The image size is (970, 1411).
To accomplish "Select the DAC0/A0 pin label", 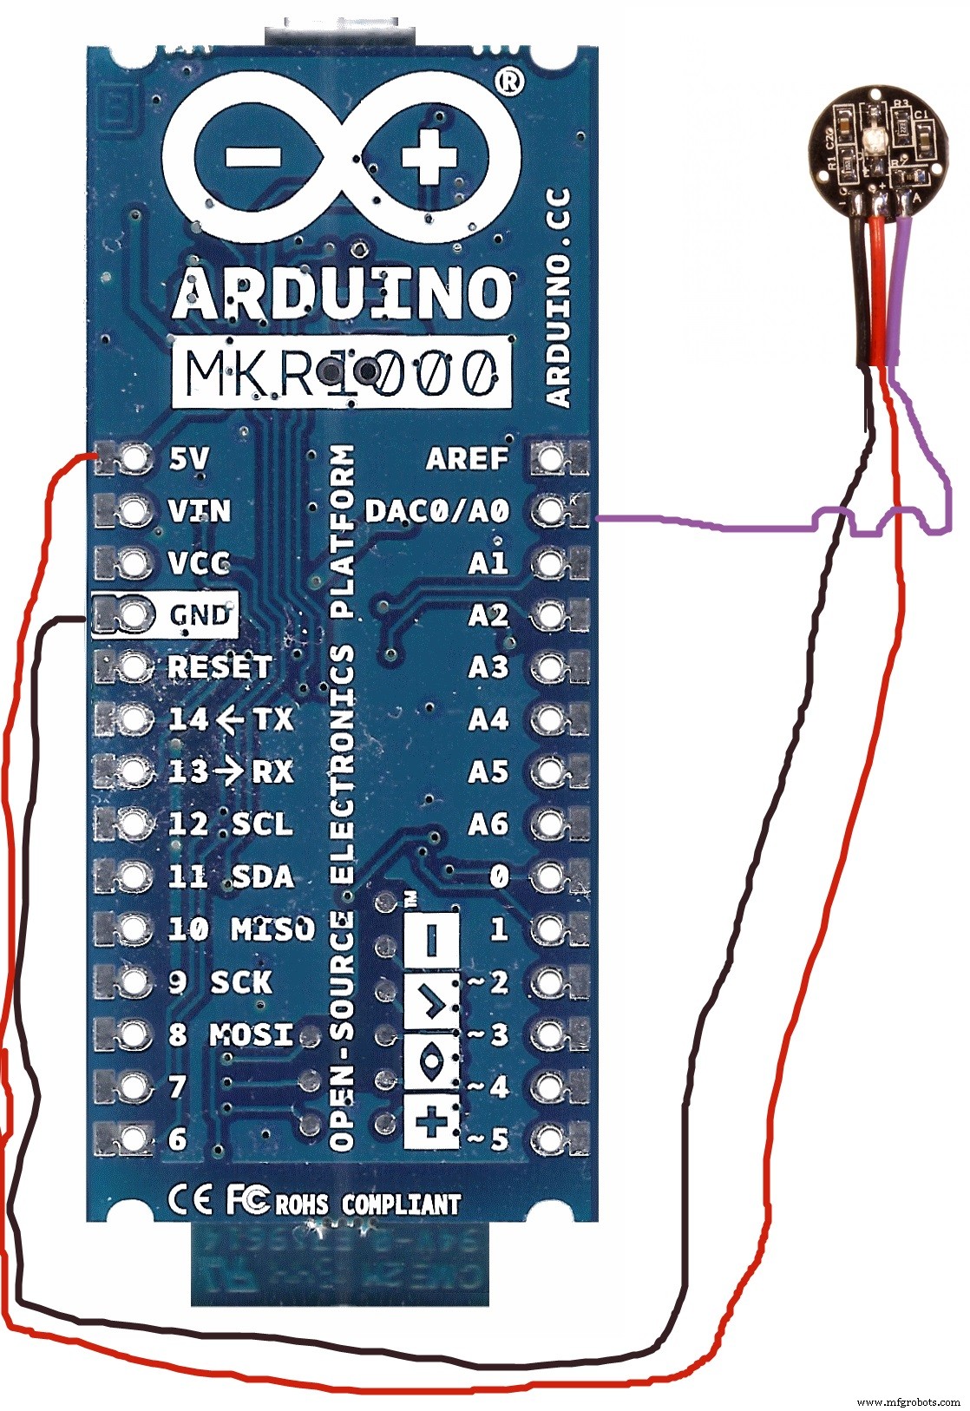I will (436, 510).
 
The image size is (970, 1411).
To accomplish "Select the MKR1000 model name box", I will (341, 373).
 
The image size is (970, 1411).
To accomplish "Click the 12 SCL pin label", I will (230, 824).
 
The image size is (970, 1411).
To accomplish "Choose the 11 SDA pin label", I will (230, 876).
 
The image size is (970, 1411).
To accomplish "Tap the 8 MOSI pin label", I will (231, 1034).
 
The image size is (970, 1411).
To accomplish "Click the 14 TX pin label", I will (230, 719).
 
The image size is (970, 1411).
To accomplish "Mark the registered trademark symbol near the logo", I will (511, 81).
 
